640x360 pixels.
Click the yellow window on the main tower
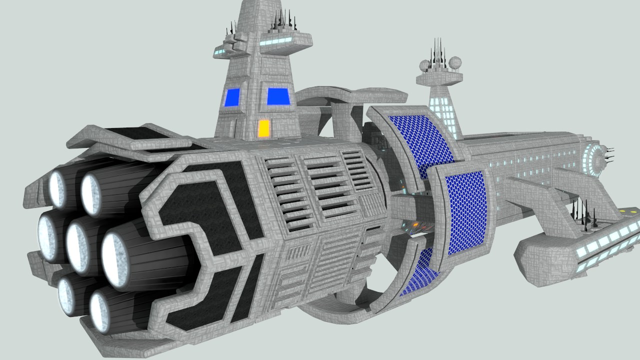tap(263, 128)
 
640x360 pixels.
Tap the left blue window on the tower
tap(232, 97)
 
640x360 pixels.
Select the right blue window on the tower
tap(278, 96)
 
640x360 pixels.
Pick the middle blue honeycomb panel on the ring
tap(465, 212)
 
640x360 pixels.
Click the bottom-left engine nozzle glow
tap(66, 295)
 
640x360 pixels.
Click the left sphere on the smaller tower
tap(424, 65)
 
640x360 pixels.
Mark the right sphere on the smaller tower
tap(454, 63)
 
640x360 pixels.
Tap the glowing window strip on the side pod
tap(607, 240)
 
